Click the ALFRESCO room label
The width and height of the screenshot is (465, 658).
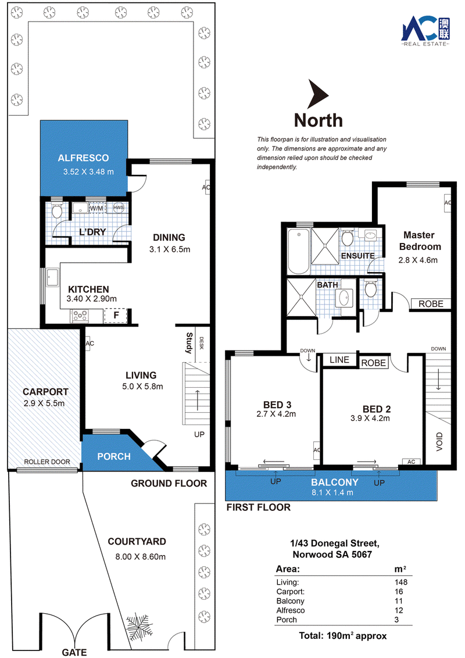point(83,158)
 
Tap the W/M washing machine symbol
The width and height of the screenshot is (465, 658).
point(96,208)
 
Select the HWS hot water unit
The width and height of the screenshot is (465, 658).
point(119,208)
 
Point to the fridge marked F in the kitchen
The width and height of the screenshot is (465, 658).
point(116,315)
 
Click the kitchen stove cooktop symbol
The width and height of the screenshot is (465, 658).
point(80,316)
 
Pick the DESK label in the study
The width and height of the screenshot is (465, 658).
point(201,343)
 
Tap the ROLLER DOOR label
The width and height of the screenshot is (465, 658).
point(47,462)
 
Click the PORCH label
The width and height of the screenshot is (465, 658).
point(114,456)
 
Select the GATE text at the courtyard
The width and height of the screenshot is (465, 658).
point(74,652)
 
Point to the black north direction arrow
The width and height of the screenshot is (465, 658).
point(317,94)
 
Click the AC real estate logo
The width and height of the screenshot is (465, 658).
point(425,31)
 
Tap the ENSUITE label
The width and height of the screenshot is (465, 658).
point(357,256)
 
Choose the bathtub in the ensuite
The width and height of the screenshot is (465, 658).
point(298,251)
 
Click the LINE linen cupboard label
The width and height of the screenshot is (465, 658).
point(339,360)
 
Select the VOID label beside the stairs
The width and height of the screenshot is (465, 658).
point(439,441)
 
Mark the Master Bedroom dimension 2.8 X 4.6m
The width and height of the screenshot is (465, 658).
point(418,260)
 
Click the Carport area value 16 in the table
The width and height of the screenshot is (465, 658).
point(399,592)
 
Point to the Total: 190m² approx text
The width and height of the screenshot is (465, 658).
point(343,636)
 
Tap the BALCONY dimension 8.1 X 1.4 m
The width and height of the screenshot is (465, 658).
point(332,493)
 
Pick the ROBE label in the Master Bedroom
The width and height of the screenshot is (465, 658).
point(431,304)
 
